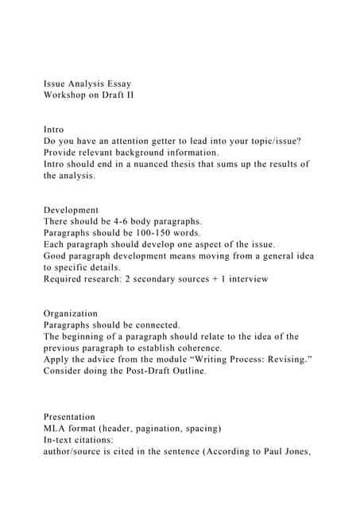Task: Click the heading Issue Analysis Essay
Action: pyautogui.click(x=87, y=83)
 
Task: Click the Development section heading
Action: pyautogui.click(x=72, y=209)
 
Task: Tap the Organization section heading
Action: pyautogui.click(x=71, y=313)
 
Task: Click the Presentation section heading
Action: pyautogui.click(x=69, y=417)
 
